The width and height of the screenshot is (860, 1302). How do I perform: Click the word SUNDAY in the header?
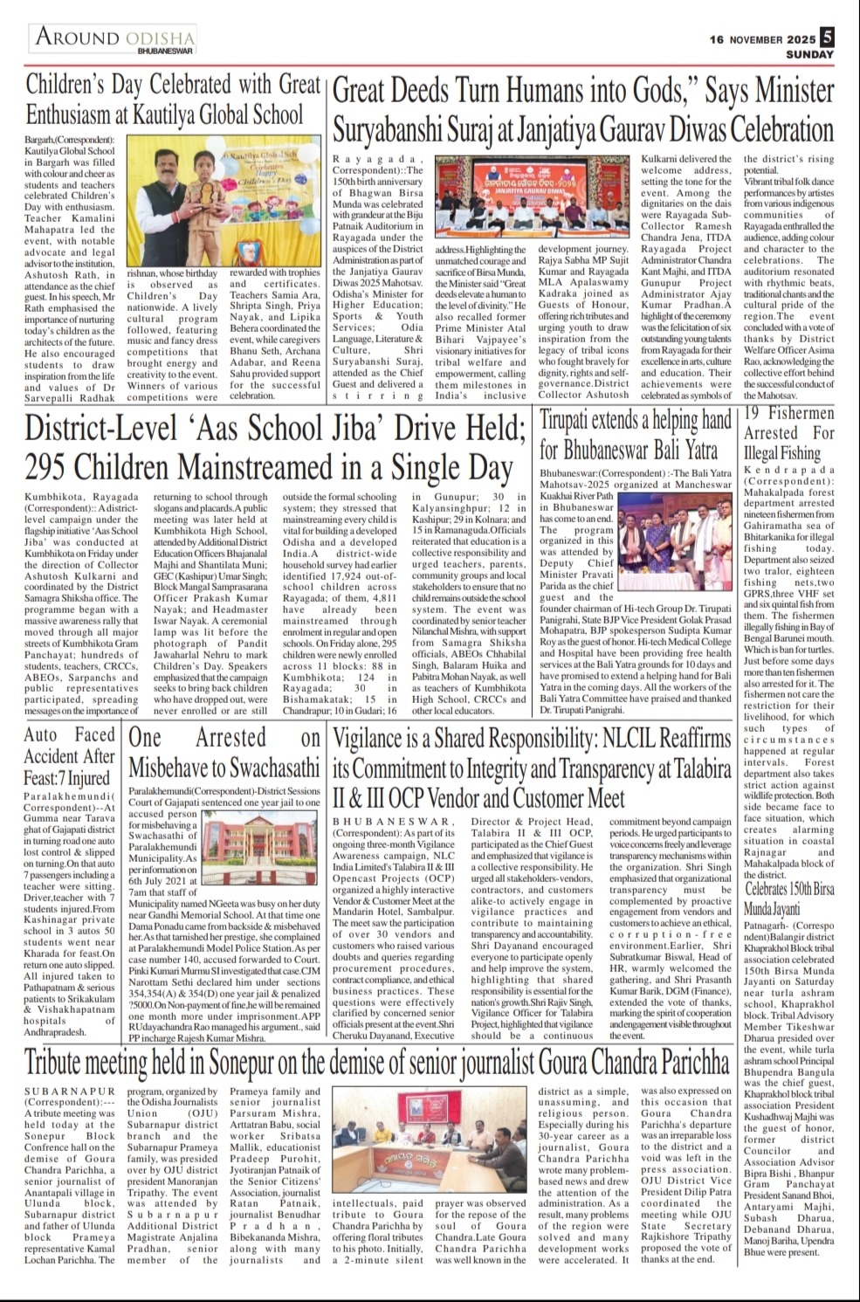pyautogui.click(x=809, y=54)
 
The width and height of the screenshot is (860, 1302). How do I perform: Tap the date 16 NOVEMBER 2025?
pyautogui.click(x=762, y=39)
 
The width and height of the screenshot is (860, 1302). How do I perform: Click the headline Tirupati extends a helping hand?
pyautogui.click(x=636, y=435)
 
